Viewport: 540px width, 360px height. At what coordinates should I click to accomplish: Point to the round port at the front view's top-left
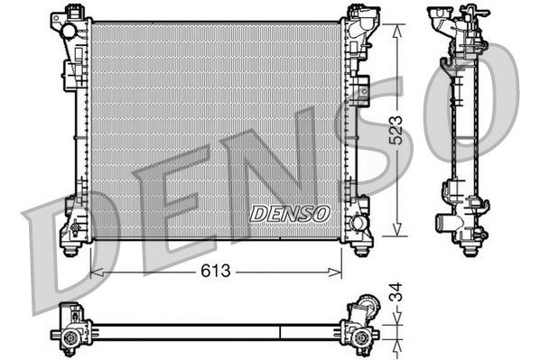pyautogui.click(x=69, y=31)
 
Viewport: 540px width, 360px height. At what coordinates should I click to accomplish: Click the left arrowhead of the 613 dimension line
pyautogui.click(x=96, y=271)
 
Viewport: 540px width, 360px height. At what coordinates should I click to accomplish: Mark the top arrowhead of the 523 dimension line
pyautogui.click(x=395, y=26)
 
